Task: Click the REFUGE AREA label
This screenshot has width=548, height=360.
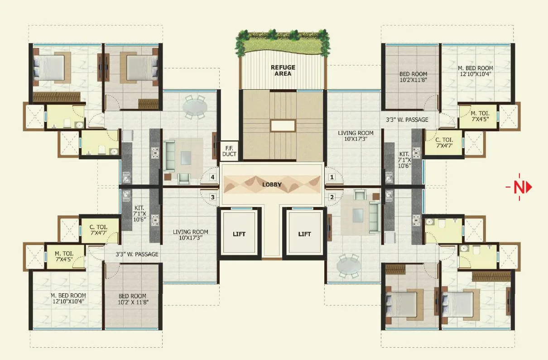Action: (x=283, y=70)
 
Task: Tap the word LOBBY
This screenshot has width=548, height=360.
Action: (x=272, y=185)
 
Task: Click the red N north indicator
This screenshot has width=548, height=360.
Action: (x=519, y=187)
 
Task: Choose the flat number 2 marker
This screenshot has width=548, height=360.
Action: (x=332, y=197)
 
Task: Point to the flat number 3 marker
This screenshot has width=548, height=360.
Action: (x=212, y=197)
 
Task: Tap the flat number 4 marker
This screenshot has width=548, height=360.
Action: (x=212, y=177)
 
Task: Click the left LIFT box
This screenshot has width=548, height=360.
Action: (x=239, y=234)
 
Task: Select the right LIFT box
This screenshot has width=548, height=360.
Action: (x=305, y=234)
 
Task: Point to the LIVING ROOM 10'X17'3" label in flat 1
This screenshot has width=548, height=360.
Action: (x=356, y=136)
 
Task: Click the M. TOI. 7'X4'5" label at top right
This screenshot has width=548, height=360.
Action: (x=478, y=116)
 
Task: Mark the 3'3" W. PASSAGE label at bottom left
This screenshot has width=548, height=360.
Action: (x=131, y=254)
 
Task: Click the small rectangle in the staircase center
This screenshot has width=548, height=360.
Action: (x=283, y=125)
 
